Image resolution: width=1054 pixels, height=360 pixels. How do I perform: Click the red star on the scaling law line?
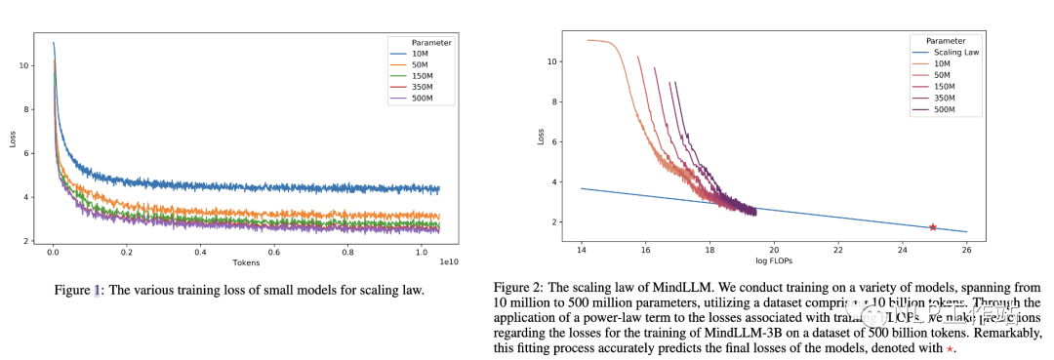click(932, 226)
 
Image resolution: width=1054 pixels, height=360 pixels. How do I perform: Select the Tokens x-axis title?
click(246, 262)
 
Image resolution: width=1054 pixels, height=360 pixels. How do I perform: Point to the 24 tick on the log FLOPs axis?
click(902, 247)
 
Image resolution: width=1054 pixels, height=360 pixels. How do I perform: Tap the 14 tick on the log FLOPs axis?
click(582, 247)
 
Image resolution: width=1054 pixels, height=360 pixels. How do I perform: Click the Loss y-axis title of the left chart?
click(13, 139)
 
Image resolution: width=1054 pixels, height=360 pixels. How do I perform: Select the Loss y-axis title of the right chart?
click(539, 138)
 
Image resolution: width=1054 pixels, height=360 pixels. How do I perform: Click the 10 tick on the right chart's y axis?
click(551, 60)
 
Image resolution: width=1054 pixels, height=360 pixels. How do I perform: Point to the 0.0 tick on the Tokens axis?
click(53, 251)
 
